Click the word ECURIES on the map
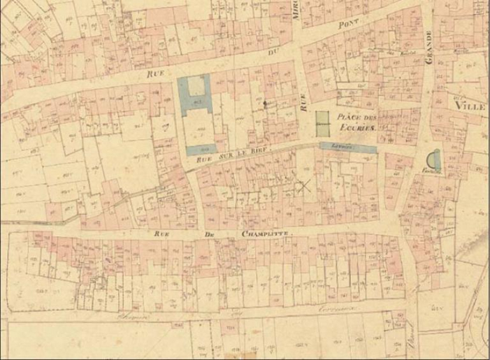(x=356, y=130)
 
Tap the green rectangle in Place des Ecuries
(x=322, y=124)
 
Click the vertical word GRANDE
(x=428, y=50)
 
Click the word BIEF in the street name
(x=262, y=154)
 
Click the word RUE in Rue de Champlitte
(x=159, y=233)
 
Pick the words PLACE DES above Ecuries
(x=356, y=117)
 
